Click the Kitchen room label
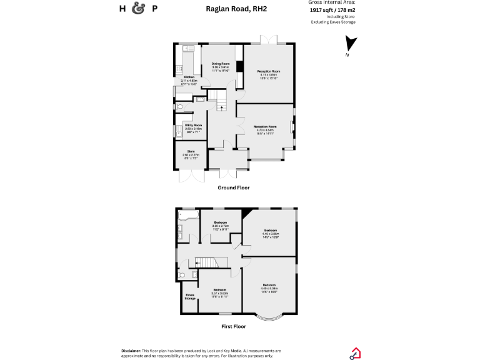[x=189, y=77]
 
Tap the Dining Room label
[x=221, y=64]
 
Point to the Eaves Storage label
[x=189, y=297]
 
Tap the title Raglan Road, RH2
[x=232, y=9]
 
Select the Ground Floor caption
[x=233, y=187]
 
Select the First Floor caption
[x=233, y=326]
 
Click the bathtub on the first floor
[x=188, y=216]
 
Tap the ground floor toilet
[x=179, y=107]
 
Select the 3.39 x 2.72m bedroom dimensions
[x=221, y=226]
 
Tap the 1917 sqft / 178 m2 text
[x=332, y=10]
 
